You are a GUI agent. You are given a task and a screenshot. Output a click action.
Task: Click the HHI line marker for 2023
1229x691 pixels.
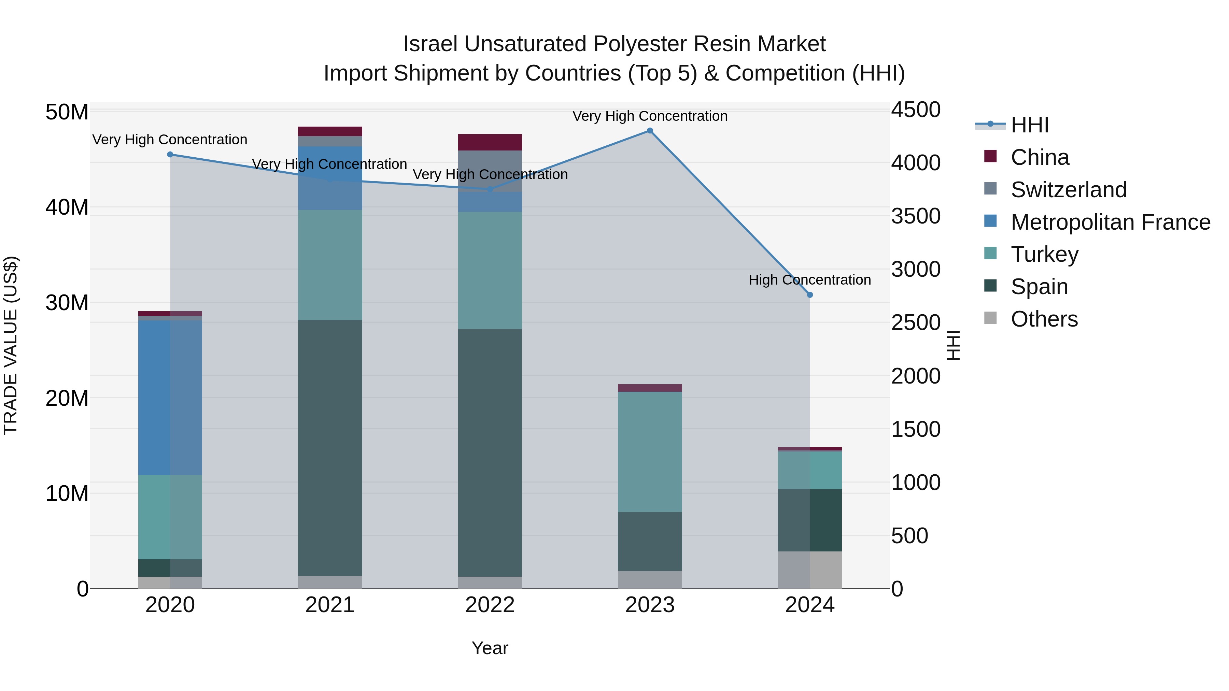tap(650, 131)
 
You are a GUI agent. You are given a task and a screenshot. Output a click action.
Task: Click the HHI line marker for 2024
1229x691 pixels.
tap(810, 295)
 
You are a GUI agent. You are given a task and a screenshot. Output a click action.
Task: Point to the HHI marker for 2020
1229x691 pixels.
tap(170, 155)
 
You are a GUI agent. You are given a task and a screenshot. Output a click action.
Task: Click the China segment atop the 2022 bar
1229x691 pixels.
tap(490, 142)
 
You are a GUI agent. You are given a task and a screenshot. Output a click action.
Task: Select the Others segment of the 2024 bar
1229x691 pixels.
tap(810, 570)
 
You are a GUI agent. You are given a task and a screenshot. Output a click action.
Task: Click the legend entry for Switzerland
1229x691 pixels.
tap(1068, 190)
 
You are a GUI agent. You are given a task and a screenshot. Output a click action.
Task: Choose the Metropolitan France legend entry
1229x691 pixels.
tap(1110, 222)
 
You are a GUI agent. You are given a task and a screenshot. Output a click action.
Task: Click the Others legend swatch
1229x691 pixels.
tap(990, 318)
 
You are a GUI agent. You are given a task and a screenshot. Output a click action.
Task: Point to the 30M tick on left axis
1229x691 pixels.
tap(67, 303)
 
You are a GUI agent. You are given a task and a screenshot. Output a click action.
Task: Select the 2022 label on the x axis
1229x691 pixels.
tap(490, 605)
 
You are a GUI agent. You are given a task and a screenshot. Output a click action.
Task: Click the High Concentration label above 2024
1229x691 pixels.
tap(810, 280)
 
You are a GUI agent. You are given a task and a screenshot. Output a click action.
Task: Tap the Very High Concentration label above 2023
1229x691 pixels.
tap(650, 116)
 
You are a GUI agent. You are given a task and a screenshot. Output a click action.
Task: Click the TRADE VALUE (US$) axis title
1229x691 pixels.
tap(11, 345)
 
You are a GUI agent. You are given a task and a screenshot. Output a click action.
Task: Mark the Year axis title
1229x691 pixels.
tap(490, 648)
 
